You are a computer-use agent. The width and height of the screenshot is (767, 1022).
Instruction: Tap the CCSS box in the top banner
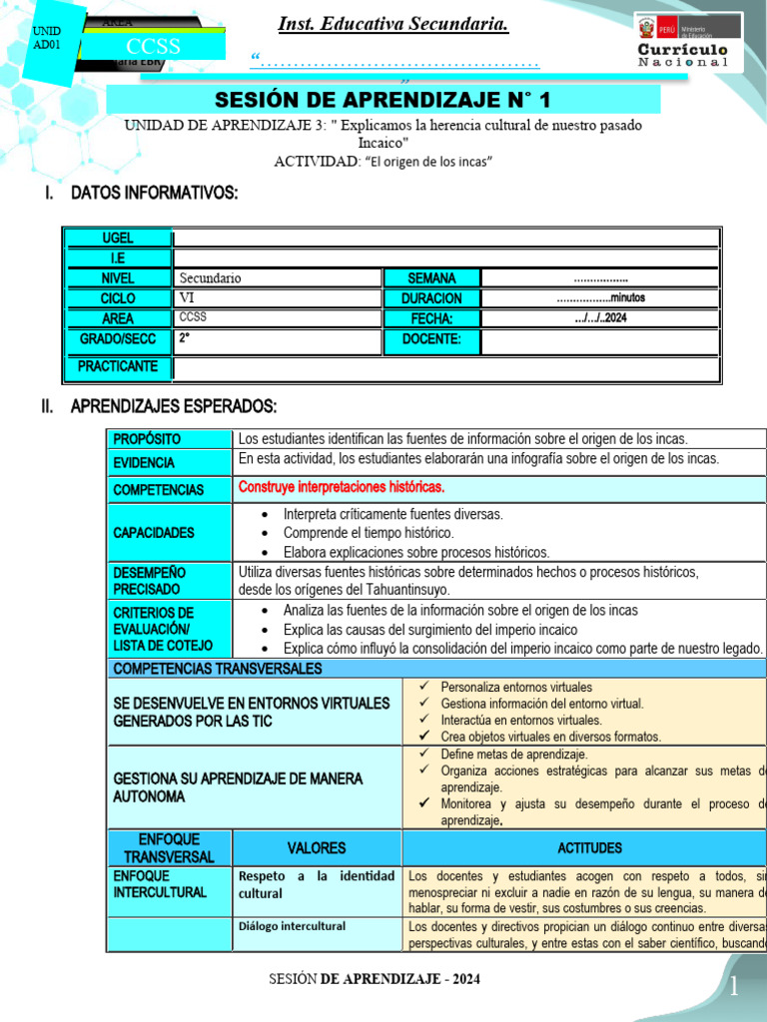[x=153, y=47]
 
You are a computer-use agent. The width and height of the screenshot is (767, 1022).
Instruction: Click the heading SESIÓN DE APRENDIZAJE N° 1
[x=383, y=100]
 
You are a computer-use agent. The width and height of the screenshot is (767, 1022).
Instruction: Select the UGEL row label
[x=117, y=239]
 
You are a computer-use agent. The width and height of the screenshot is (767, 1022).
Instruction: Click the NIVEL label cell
[x=117, y=278]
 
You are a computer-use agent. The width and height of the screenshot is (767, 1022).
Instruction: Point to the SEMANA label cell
[x=431, y=278]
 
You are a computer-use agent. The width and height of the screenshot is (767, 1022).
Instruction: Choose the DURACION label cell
[x=431, y=298]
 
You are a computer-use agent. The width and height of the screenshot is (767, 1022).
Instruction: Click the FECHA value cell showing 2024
[x=599, y=318]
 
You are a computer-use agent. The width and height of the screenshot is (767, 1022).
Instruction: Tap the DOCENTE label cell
[x=431, y=340]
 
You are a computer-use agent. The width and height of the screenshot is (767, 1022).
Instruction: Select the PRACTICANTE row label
[x=117, y=367]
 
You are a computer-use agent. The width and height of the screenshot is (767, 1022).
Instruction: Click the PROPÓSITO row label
[x=147, y=439]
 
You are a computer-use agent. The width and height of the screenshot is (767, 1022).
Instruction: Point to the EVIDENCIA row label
[x=144, y=463]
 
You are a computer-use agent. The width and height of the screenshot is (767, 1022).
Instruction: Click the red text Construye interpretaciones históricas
[x=342, y=487]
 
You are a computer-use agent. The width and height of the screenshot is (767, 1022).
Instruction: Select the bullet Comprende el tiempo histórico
[x=368, y=533]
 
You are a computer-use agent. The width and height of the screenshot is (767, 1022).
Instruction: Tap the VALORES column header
[x=317, y=848]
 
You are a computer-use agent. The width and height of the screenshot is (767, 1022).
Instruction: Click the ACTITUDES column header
[x=589, y=848]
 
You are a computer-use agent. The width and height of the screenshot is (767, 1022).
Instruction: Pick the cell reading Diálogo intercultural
[x=293, y=926]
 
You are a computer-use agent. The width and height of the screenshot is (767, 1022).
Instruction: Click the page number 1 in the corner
[x=734, y=987]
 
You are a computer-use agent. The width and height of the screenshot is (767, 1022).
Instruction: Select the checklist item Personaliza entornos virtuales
[x=516, y=688]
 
